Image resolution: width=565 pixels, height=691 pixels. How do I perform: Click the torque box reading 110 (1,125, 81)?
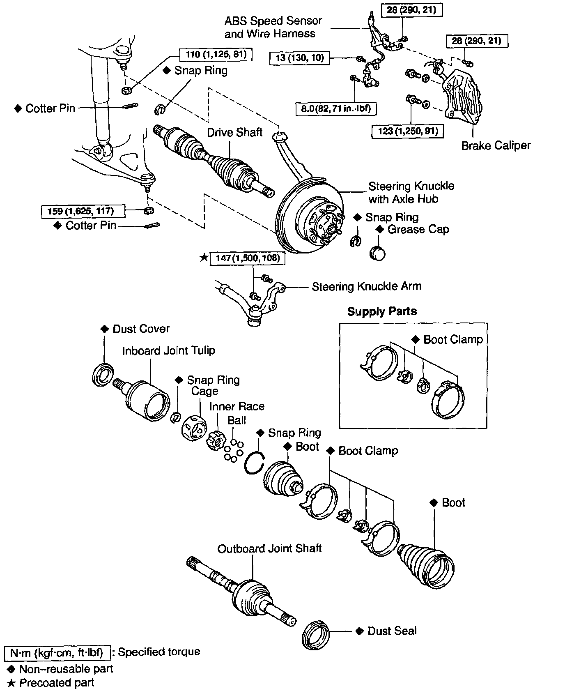point(216,55)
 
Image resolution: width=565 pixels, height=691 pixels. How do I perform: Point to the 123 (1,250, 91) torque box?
point(407,131)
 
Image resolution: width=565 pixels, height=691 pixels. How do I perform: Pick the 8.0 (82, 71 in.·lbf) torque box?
point(336,109)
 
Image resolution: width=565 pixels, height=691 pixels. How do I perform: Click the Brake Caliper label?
point(496,145)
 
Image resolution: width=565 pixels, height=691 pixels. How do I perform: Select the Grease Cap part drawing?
point(377,253)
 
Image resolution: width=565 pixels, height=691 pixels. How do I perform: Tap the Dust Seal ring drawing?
point(316,638)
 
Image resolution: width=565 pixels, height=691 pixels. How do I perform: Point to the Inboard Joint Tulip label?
point(168,350)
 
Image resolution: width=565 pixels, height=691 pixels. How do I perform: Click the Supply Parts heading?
point(382,311)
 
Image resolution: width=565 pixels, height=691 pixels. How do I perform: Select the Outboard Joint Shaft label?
point(269,548)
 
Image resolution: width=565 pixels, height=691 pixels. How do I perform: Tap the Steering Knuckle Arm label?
point(366,286)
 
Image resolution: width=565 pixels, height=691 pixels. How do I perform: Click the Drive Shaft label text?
point(234,132)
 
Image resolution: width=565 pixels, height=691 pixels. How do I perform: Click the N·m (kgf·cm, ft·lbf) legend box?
point(57,652)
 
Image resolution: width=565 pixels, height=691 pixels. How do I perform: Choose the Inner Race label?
point(237,406)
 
